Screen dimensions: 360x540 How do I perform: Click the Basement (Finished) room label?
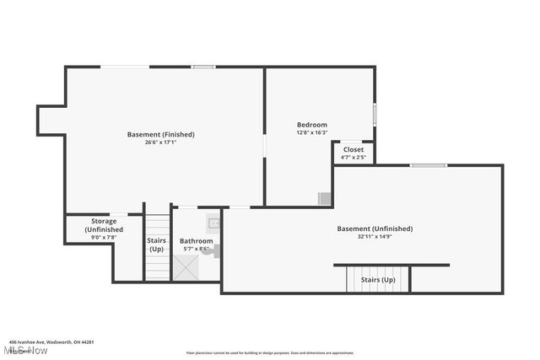pos(160,134)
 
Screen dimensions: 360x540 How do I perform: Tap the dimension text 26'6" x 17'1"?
pos(160,142)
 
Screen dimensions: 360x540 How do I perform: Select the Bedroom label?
pos(311,125)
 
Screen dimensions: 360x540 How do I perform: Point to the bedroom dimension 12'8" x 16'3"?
pos(311,132)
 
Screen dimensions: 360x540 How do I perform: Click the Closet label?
pos(354,149)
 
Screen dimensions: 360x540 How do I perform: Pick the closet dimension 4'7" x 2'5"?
pos(354,157)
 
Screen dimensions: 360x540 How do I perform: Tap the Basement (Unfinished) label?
pos(375,228)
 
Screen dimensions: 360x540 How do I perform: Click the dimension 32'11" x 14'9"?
pos(375,237)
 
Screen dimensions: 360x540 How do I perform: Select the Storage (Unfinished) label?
pos(104,225)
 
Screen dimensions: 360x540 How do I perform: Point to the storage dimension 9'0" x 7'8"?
pos(104,238)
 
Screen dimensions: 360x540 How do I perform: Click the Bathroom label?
pos(196,240)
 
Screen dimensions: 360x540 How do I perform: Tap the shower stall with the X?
pos(185,267)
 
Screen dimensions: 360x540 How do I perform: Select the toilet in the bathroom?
pos(215,250)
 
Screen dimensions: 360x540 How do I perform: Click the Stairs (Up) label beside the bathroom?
pos(157,244)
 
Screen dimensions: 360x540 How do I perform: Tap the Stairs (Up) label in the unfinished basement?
pos(377,279)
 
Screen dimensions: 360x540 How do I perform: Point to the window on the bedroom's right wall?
pos(375,114)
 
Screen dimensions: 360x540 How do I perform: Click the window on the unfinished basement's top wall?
pos(428,165)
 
